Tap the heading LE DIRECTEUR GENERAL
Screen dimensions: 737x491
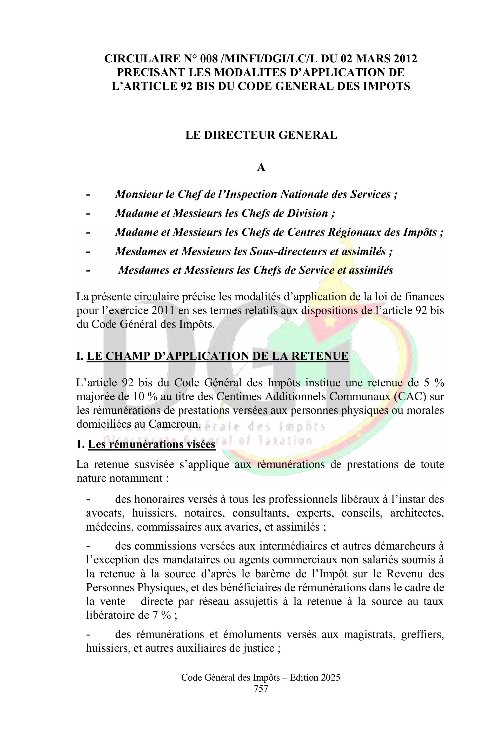pyautogui.click(x=261, y=135)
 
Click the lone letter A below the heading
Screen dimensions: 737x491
pyautogui.click(x=261, y=168)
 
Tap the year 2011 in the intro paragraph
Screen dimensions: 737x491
pyautogui.click(x=163, y=311)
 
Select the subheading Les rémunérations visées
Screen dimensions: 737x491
pyautogui.click(x=151, y=444)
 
